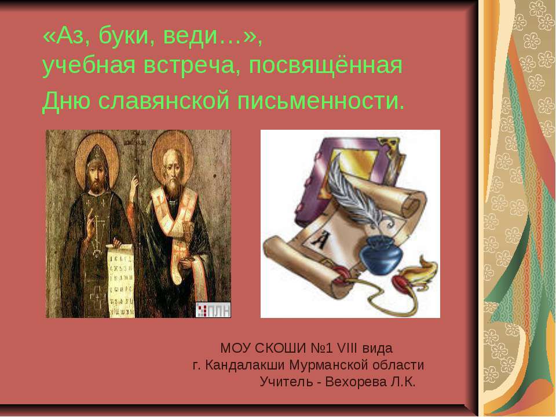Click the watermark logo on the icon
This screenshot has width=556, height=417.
click(213, 310)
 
